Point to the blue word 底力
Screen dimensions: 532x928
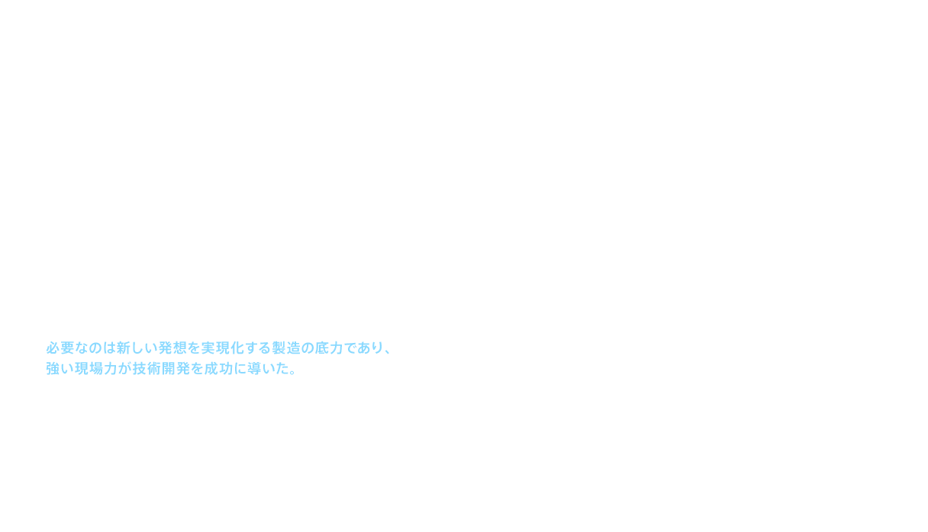click(x=323, y=349)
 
